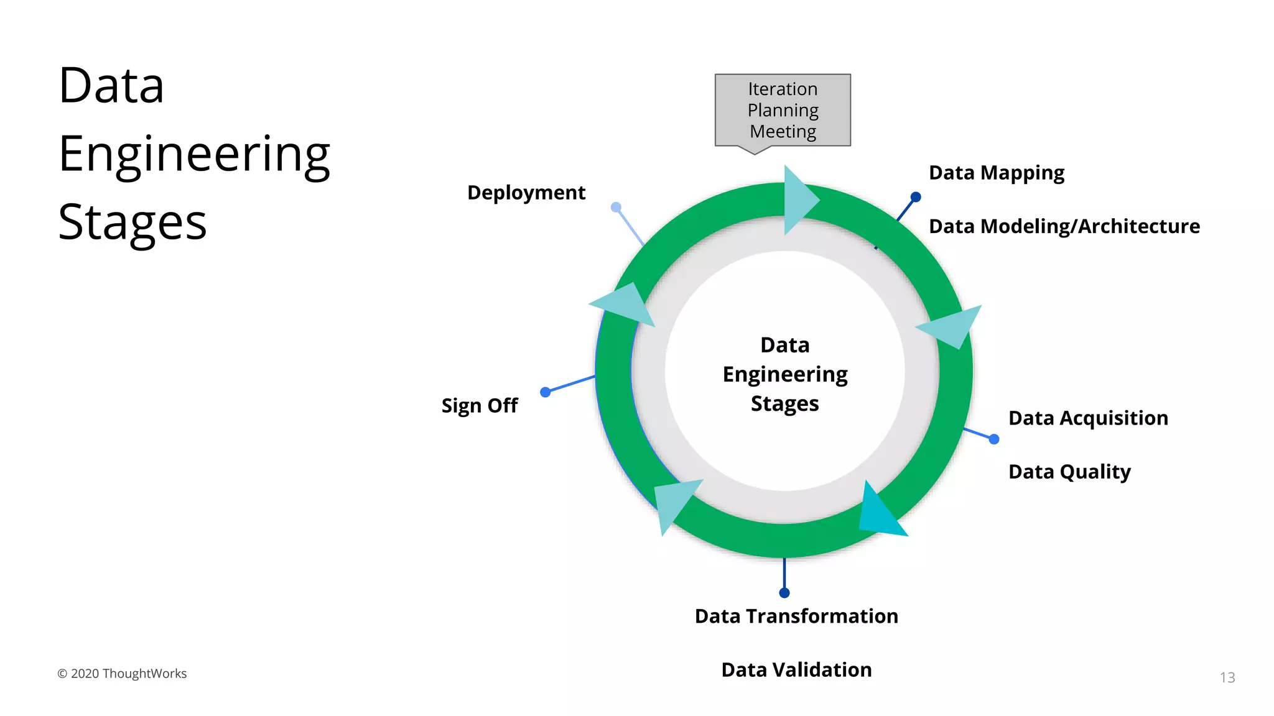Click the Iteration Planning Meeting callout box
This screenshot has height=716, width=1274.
(x=783, y=110)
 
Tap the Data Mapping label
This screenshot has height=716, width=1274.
(x=996, y=173)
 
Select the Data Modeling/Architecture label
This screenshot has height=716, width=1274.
(x=1064, y=226)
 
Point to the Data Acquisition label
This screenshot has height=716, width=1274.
(x=1088, y=418)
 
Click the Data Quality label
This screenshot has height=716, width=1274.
(x=1069, y=472)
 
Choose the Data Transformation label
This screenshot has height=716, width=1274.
(x=796, y=616)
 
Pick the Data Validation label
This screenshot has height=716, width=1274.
(x=796, y=670)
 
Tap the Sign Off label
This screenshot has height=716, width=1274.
(x=480, y=406)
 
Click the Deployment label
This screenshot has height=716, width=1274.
(x=526, y=193)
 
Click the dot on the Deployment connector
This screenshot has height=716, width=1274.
(x=616, y=207)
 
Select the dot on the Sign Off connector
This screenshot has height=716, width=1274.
(x=546, y=392)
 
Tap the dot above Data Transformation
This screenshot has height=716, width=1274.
(x=784, y=593)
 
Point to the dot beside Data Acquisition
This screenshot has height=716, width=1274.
(x=994, y=439)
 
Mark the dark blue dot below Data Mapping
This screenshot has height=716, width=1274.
(x=916, y=197)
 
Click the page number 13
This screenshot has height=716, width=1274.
(x=1227, y=677)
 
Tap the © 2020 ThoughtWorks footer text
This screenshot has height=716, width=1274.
(x=122, y=674)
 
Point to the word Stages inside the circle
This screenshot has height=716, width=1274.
(x=784, y=404)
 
